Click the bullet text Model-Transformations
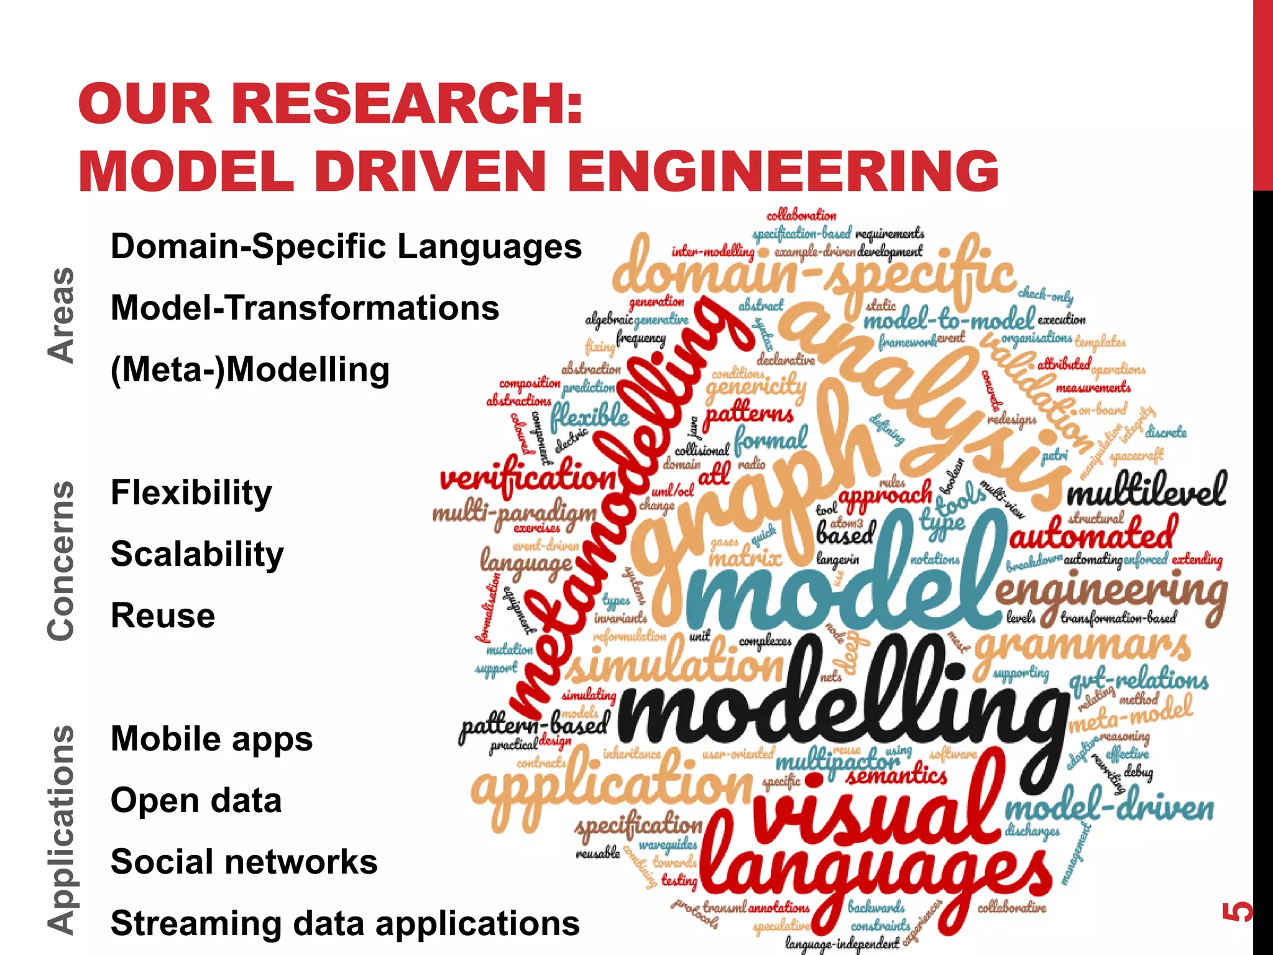click(305, 308)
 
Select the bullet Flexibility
click(191, 493)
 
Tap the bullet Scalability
click(197, 554)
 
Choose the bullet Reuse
click(163, 616)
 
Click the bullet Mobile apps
click(211, 739)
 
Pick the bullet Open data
click(196, 800)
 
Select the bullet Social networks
click(244, 862)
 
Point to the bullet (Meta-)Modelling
click(250, 370)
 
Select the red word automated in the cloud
click(1093, 535)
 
